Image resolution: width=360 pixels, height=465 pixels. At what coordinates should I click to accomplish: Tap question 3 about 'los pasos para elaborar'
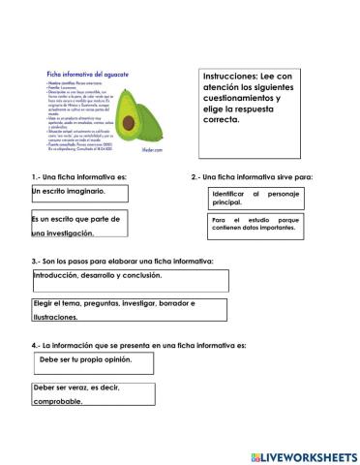(x=121, y=261)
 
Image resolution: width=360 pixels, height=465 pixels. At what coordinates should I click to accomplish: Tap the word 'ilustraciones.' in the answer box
(x=54, y=317)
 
